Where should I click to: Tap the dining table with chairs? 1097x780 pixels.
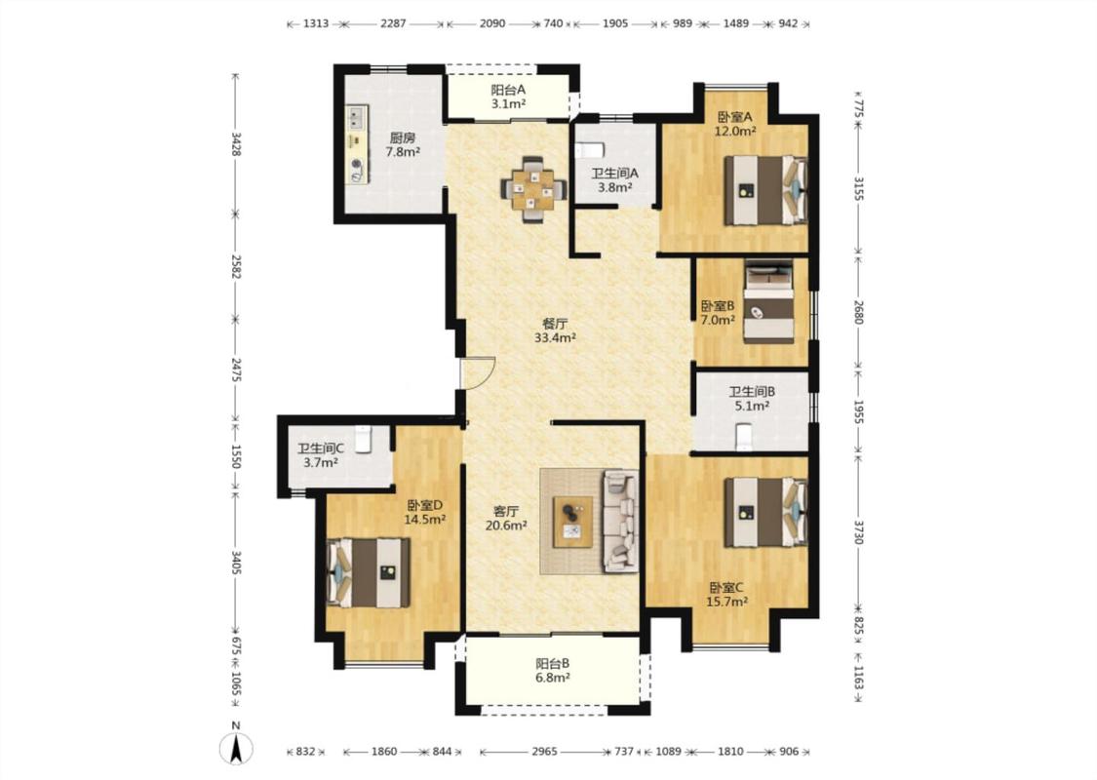533,189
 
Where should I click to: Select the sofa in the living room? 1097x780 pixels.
620,522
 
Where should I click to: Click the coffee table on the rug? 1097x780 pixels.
573,522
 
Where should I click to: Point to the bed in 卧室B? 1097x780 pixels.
768,301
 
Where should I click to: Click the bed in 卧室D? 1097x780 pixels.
369,572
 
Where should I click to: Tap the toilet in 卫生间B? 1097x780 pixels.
744,436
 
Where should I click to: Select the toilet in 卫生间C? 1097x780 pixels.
363,440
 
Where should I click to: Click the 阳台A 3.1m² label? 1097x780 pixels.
508,97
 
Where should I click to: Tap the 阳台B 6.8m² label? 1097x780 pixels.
553,670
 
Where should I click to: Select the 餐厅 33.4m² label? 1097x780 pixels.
555,331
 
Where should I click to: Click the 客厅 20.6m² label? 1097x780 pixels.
506,519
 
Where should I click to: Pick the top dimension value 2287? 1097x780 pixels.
393,23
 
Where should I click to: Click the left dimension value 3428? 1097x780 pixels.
236,143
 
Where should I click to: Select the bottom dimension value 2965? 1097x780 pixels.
544,752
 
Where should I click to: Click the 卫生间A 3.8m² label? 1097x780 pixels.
614,179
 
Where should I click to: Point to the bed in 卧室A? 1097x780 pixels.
765,190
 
